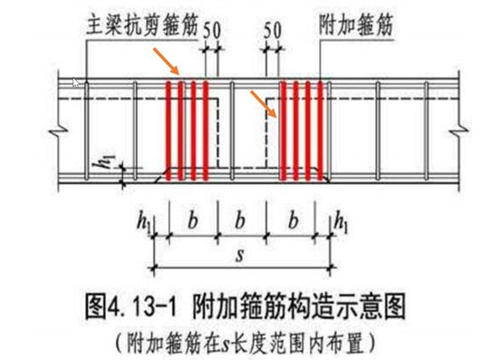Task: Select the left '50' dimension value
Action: pyautogui.click(x=213, y=31)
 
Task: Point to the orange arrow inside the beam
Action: pyautogui.click(x=264, y=104)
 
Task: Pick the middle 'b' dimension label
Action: pyautogui.click(x=238, y=220)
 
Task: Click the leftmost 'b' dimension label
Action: pyautogui.click(x=191, y=220)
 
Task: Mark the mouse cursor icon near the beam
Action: pyautogui.click(x=78, y=83)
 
